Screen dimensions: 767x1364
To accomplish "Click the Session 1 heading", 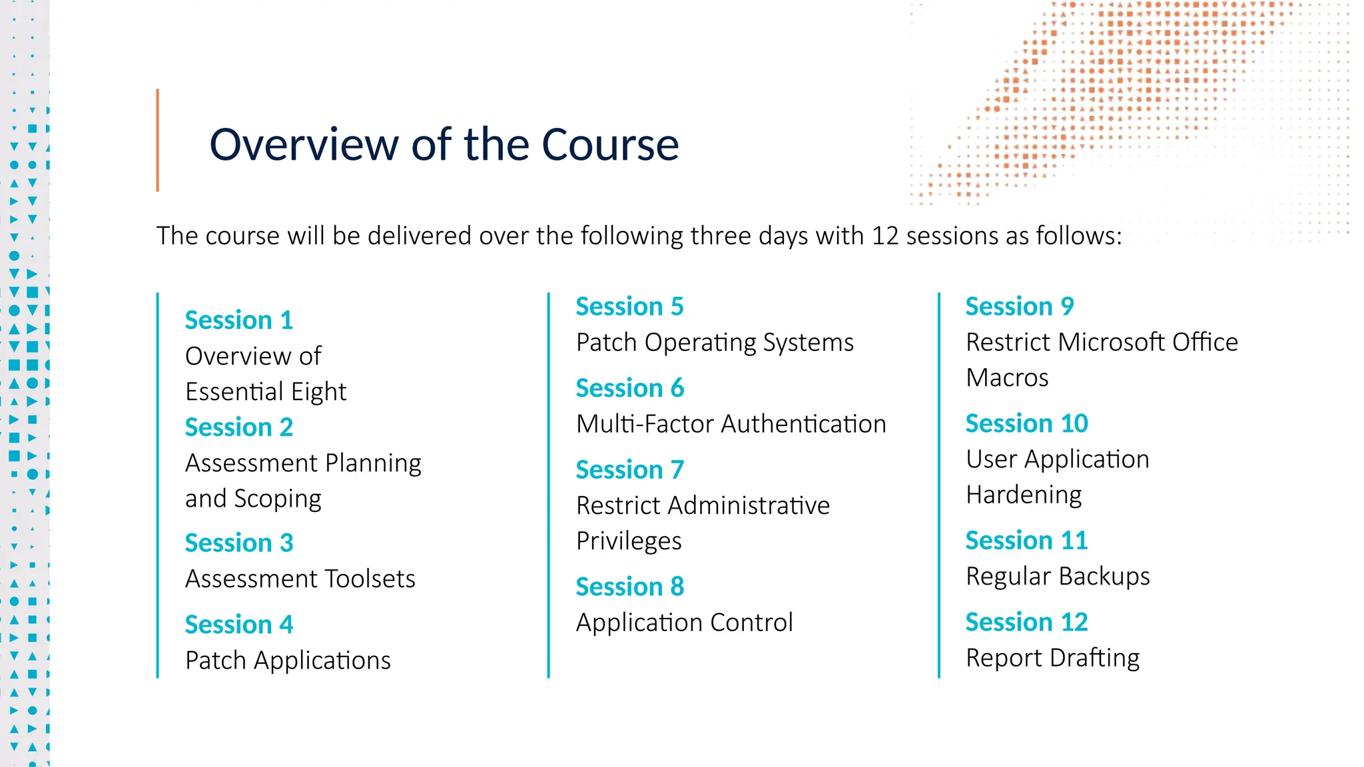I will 238,320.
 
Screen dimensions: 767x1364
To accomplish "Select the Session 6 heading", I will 629,388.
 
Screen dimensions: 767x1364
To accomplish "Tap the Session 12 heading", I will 1026,622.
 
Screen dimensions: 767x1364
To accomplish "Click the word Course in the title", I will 609,144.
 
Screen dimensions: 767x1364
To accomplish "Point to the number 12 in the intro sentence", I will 884,236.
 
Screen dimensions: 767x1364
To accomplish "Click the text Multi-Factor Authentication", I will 731,424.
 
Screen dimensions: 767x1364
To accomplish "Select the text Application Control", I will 684,623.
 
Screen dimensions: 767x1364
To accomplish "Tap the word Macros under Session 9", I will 1006,378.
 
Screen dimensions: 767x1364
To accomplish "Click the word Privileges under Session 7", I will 628,541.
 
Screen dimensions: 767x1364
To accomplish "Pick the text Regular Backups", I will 1057,576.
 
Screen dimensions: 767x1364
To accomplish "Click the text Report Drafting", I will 1052,658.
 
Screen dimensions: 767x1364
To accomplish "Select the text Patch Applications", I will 288,660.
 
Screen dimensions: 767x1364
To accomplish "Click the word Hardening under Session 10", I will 1023,495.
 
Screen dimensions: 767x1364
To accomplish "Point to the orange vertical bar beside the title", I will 158,140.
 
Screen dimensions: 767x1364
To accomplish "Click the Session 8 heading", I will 629,587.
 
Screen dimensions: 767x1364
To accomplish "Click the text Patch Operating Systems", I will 714,342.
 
